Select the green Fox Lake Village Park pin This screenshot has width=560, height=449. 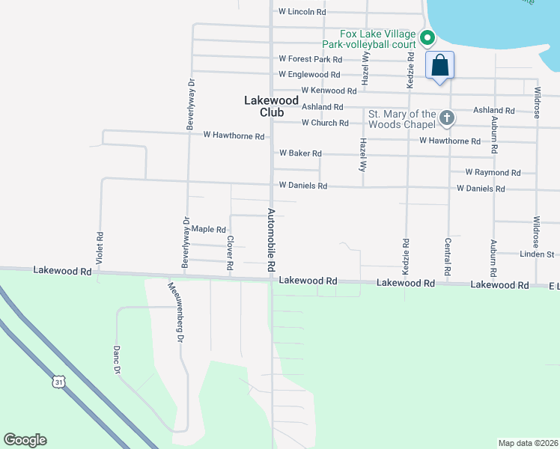(427, 37)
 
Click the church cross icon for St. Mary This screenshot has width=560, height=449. (447, 117)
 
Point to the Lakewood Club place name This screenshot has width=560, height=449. (271, 106)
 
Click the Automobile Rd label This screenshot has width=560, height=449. (272, 240)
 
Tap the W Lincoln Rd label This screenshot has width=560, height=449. (302, 12)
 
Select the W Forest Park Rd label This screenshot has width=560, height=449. (310, 59)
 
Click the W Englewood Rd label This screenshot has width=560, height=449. (309, 75)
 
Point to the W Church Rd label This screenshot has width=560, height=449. (325, 123)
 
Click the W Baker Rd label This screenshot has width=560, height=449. (300, 153)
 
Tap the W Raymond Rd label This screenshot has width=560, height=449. (493, 172)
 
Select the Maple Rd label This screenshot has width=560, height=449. (208, 230)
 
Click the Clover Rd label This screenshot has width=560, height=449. (230, 255)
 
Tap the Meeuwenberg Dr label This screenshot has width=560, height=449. (176, 312)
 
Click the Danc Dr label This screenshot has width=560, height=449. (117, 359)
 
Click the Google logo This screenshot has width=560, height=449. (25, 440)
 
